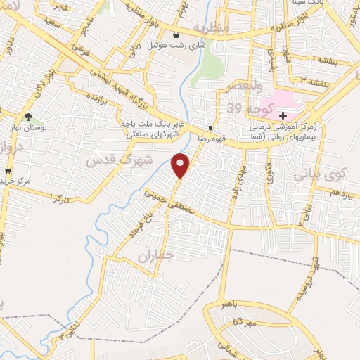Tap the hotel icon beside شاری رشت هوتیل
(176, 34)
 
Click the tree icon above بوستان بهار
(28, 117)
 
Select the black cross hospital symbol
(283, 115)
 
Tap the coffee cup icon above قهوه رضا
(211, 128)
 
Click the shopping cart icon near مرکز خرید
(8, 171)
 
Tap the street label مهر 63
(242, 322)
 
